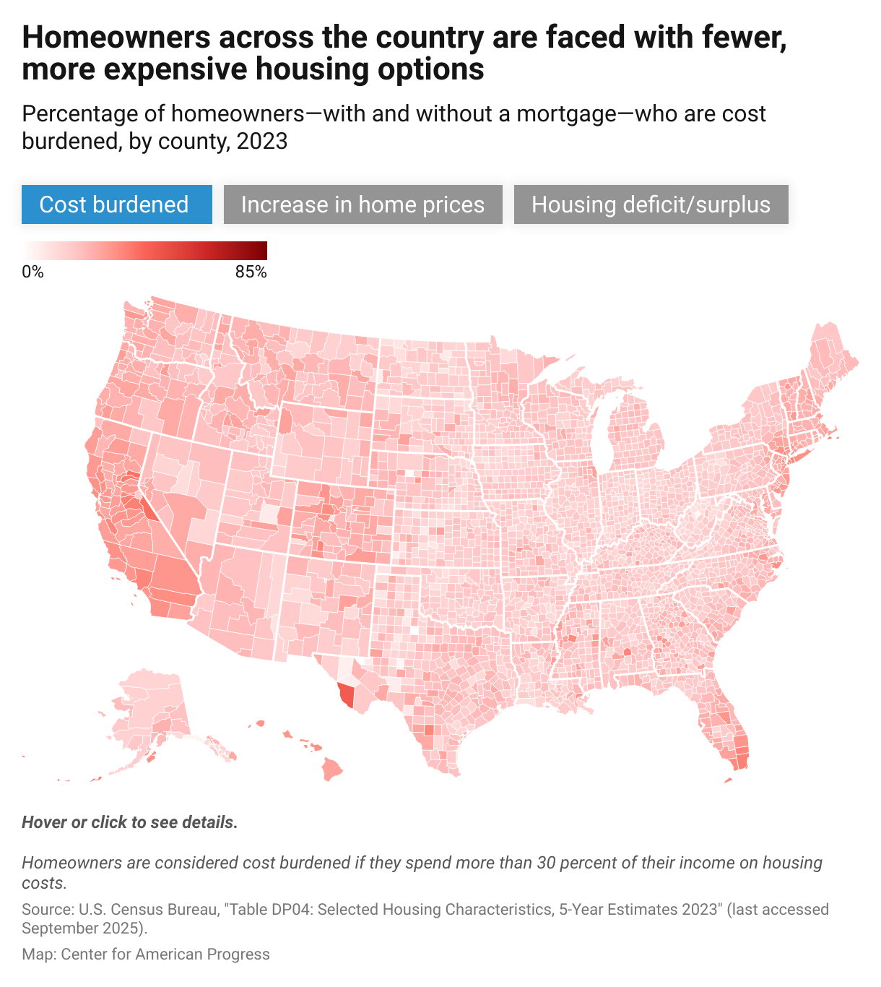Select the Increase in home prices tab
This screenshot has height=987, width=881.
[x=363, y=204]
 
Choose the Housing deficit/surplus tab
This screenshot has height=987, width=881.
[x=651, y=204]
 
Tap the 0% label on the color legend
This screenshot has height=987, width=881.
[x=32, y=272]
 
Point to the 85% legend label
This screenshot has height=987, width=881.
[x=251, y=272]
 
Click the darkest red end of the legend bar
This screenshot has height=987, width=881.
[x=263, y=251]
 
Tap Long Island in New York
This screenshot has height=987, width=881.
[x=805, y=454]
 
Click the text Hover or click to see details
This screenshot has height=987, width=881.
[x=130, y=822]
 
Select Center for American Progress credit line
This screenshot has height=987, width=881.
[x=165, y=954]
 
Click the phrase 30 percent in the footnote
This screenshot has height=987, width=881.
[x=579, y=863]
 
